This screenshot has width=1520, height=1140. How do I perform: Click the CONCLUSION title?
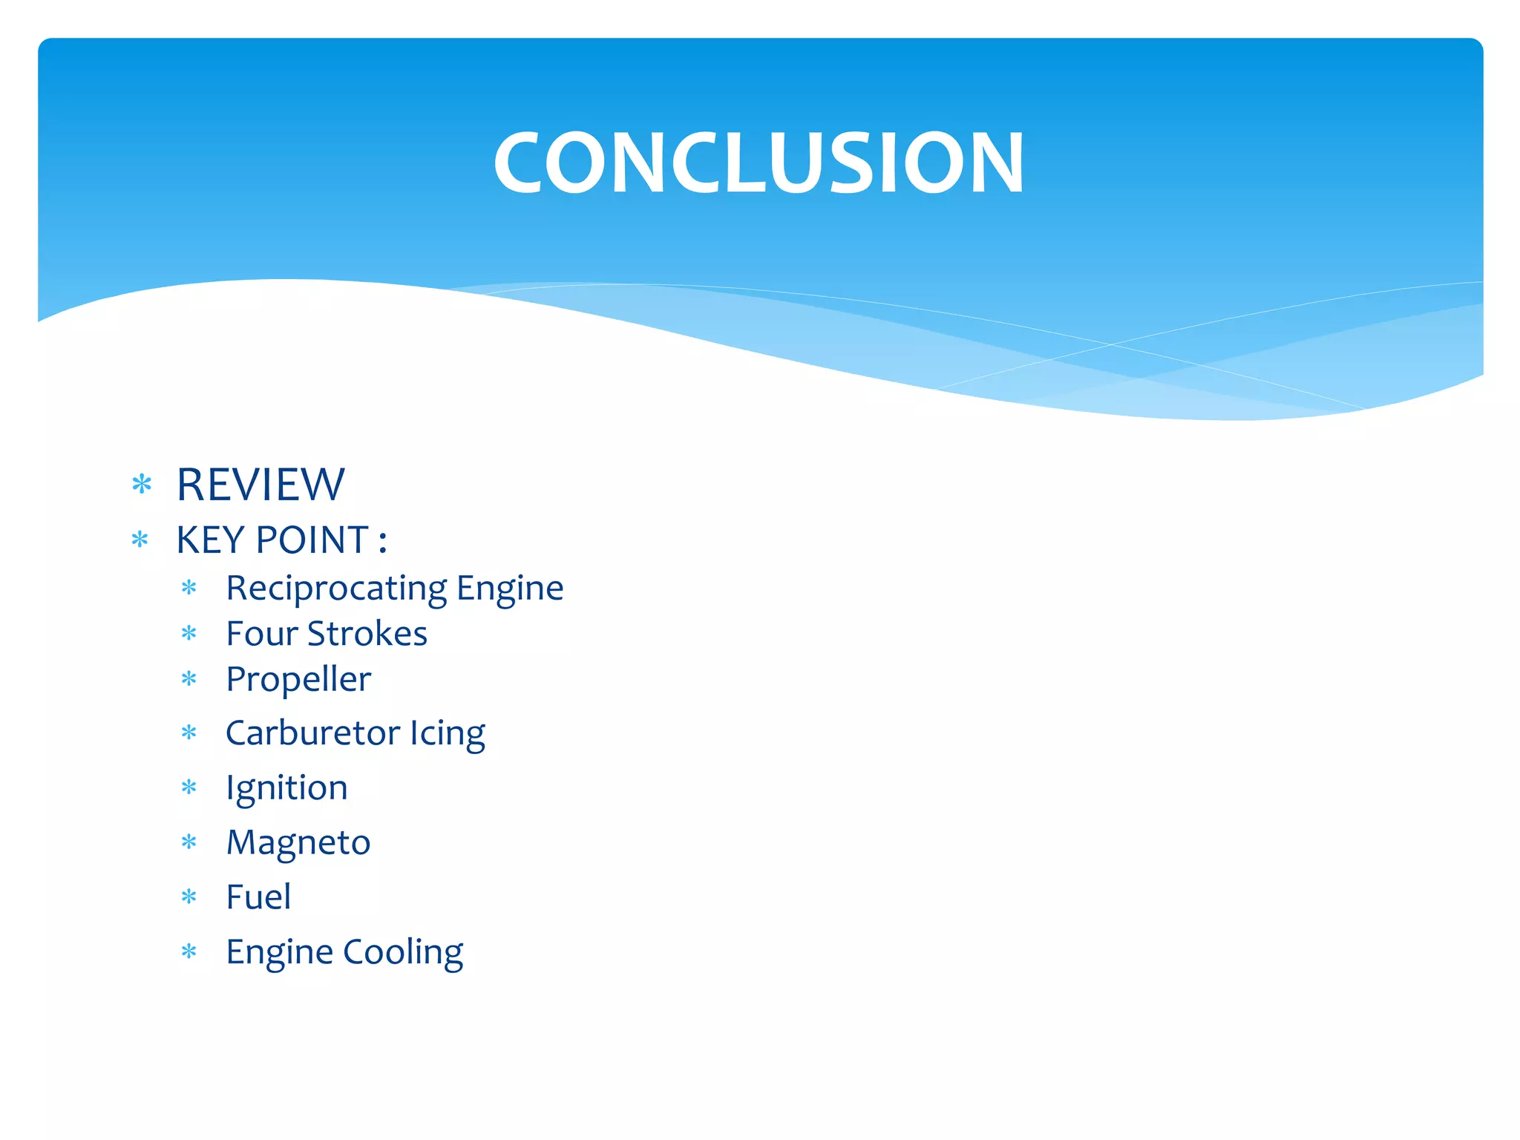tap(759, 163)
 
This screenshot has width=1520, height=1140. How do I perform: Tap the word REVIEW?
tap(261, 485)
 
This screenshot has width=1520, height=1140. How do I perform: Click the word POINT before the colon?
tap(312, 540)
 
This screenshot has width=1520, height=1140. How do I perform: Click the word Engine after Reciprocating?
tap(510, 589)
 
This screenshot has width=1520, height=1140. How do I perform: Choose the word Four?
tap(262, 634)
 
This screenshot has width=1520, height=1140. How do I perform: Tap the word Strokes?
tap(367, 634)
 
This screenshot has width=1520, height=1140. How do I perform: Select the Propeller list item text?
tap(298, 680)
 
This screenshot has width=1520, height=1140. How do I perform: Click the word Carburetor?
tap(312, 733)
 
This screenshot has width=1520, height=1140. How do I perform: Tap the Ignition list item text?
tap(286, 788)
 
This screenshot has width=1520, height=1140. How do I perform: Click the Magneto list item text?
tap(298, 842)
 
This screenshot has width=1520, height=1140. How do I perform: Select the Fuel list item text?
tap(258, 897)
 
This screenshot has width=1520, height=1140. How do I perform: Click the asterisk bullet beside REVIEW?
tap(141, 485)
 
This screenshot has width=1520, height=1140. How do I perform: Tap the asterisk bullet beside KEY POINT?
tap(140, 540)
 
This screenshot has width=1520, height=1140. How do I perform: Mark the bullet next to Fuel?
tap(189, 897)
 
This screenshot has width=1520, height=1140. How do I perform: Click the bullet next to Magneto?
tap(189, 842)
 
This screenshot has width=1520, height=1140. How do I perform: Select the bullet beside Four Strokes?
tap(189, 634)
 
